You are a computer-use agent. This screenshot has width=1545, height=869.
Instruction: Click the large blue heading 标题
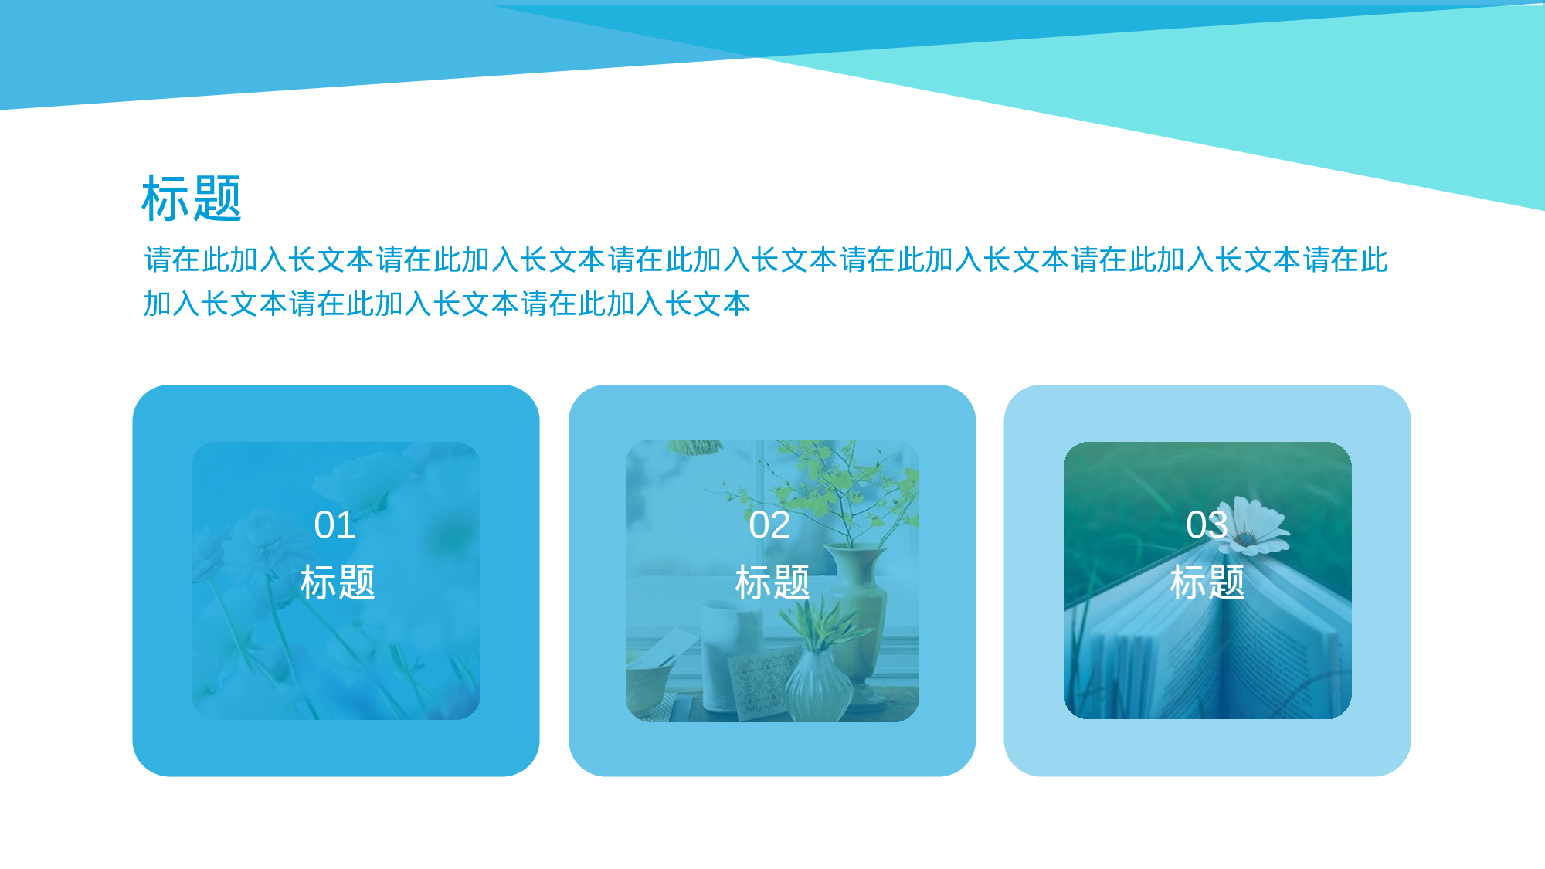click(x=192, y=199)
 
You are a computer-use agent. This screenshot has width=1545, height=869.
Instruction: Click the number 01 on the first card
click(x=334, y=525)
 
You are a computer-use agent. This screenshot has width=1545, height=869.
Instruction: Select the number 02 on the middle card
click(x=769, y=525)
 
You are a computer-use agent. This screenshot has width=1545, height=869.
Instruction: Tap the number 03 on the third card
click(x=1206, y=525)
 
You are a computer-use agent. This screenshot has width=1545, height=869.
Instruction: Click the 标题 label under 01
click(x=338, y=582)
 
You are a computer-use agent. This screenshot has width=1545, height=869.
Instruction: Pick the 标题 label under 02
click(x=772, y=582)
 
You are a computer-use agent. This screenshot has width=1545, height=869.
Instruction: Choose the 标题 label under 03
click(x=1207, y=582)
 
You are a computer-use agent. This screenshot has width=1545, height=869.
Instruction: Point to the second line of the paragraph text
click(x=447, y=304)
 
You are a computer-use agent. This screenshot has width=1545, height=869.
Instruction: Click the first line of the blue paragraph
click(x=765, y=260)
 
